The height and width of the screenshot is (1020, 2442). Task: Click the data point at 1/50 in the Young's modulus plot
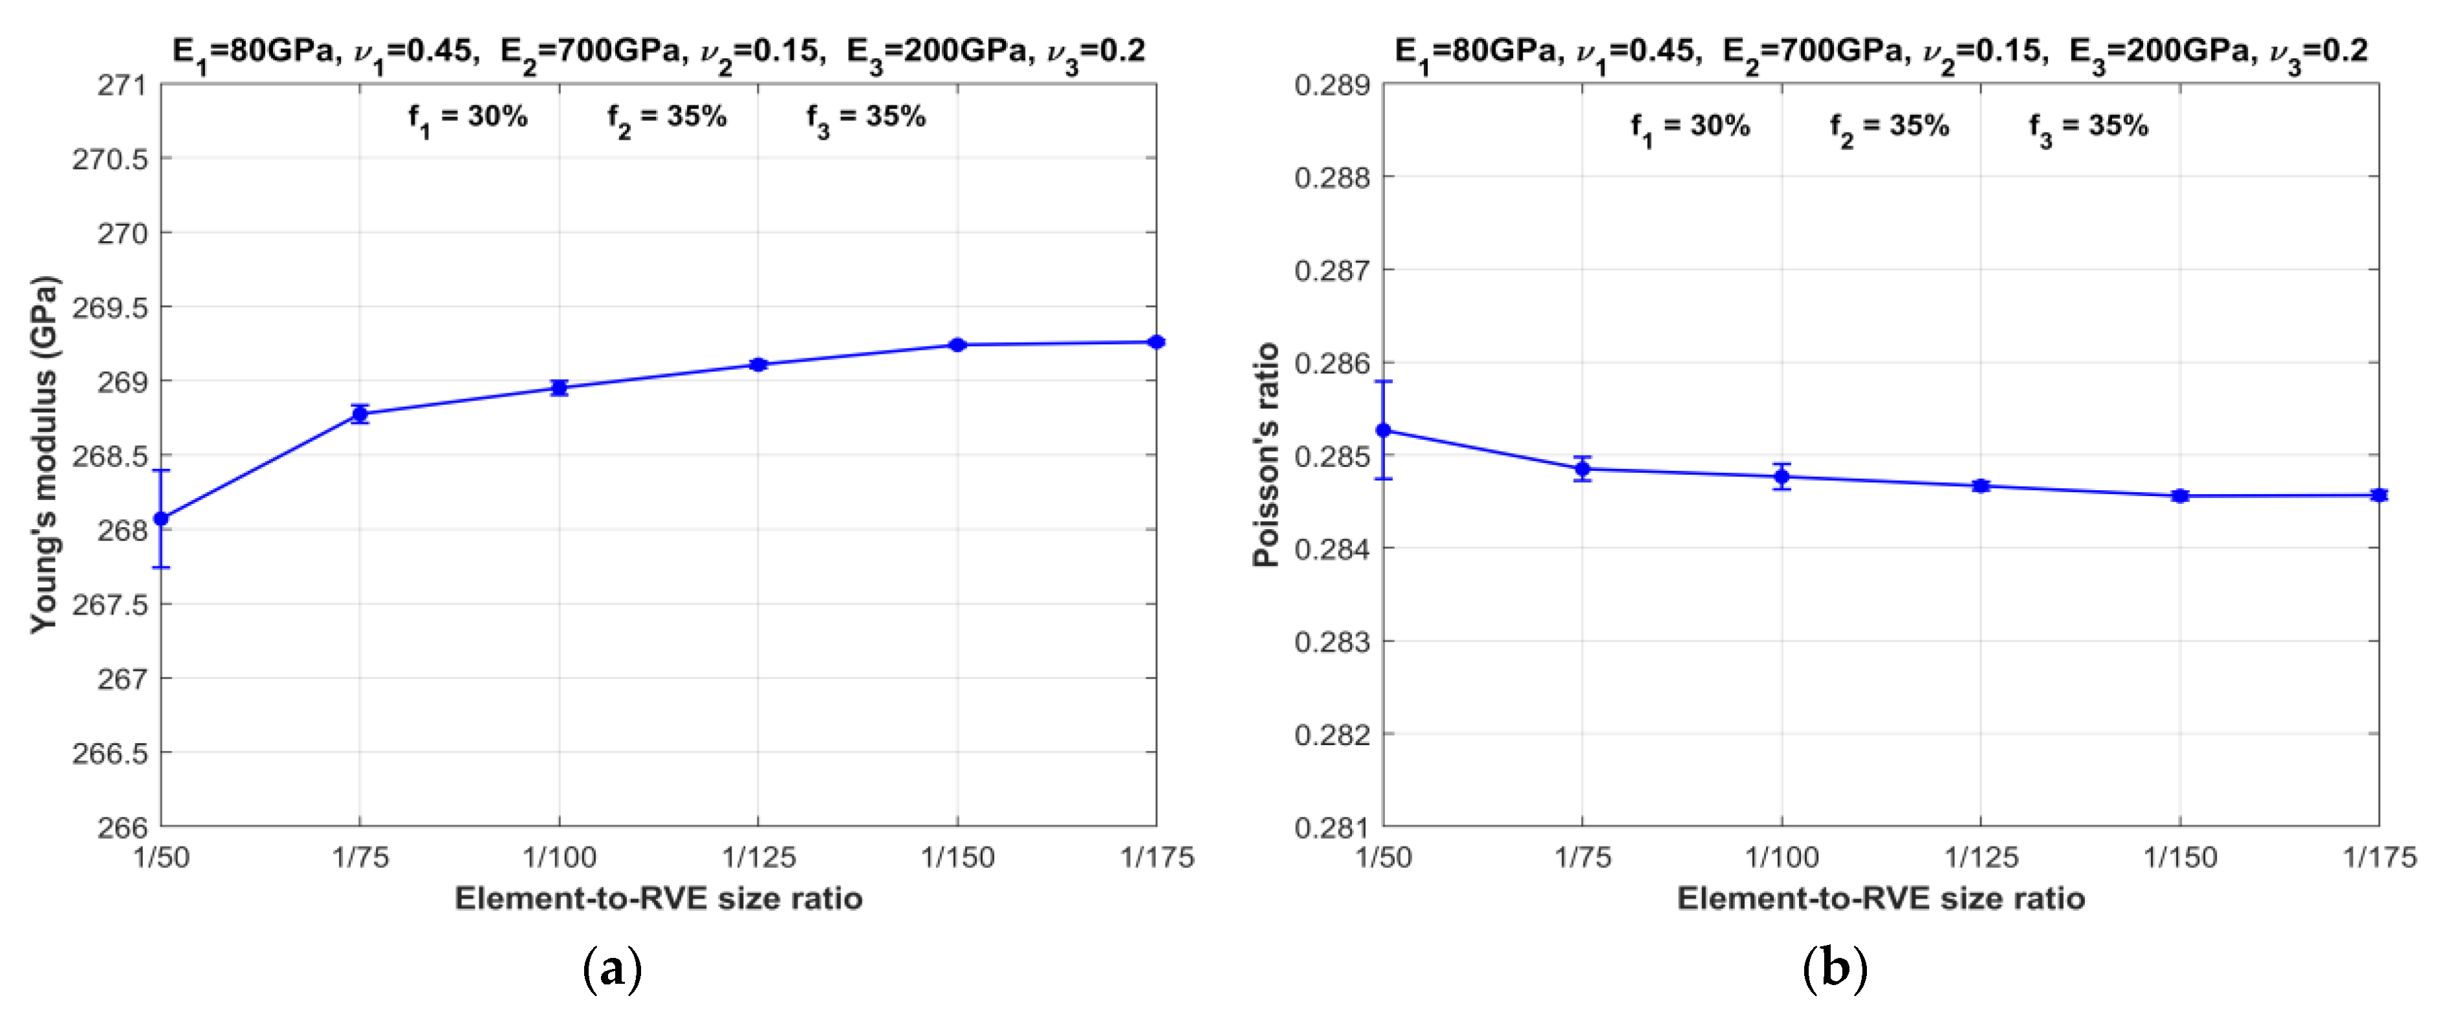(x=161, y=519)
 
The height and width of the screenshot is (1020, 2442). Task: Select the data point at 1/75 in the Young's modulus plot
(x=360, y=413)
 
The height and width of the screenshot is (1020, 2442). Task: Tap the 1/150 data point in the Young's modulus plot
(x=957, y=345)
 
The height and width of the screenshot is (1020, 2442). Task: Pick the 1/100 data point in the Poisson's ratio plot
(x=1782, y=477)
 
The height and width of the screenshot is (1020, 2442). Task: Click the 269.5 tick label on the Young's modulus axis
(x=110, y=307)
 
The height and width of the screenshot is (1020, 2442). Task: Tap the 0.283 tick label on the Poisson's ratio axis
(x=1332, y=642)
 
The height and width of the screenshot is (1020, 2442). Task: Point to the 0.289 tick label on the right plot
(x=1332, y=85)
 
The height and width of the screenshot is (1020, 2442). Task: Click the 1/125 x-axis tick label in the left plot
(x=758, y=858)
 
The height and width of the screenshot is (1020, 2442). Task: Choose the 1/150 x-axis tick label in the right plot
(x=2181, y=858)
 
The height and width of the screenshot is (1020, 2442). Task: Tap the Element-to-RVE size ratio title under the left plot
(x=658, y=898)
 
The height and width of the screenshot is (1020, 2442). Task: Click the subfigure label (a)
(x=613, y=970)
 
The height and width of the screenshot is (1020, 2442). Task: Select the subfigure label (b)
(x=1835, y=970)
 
